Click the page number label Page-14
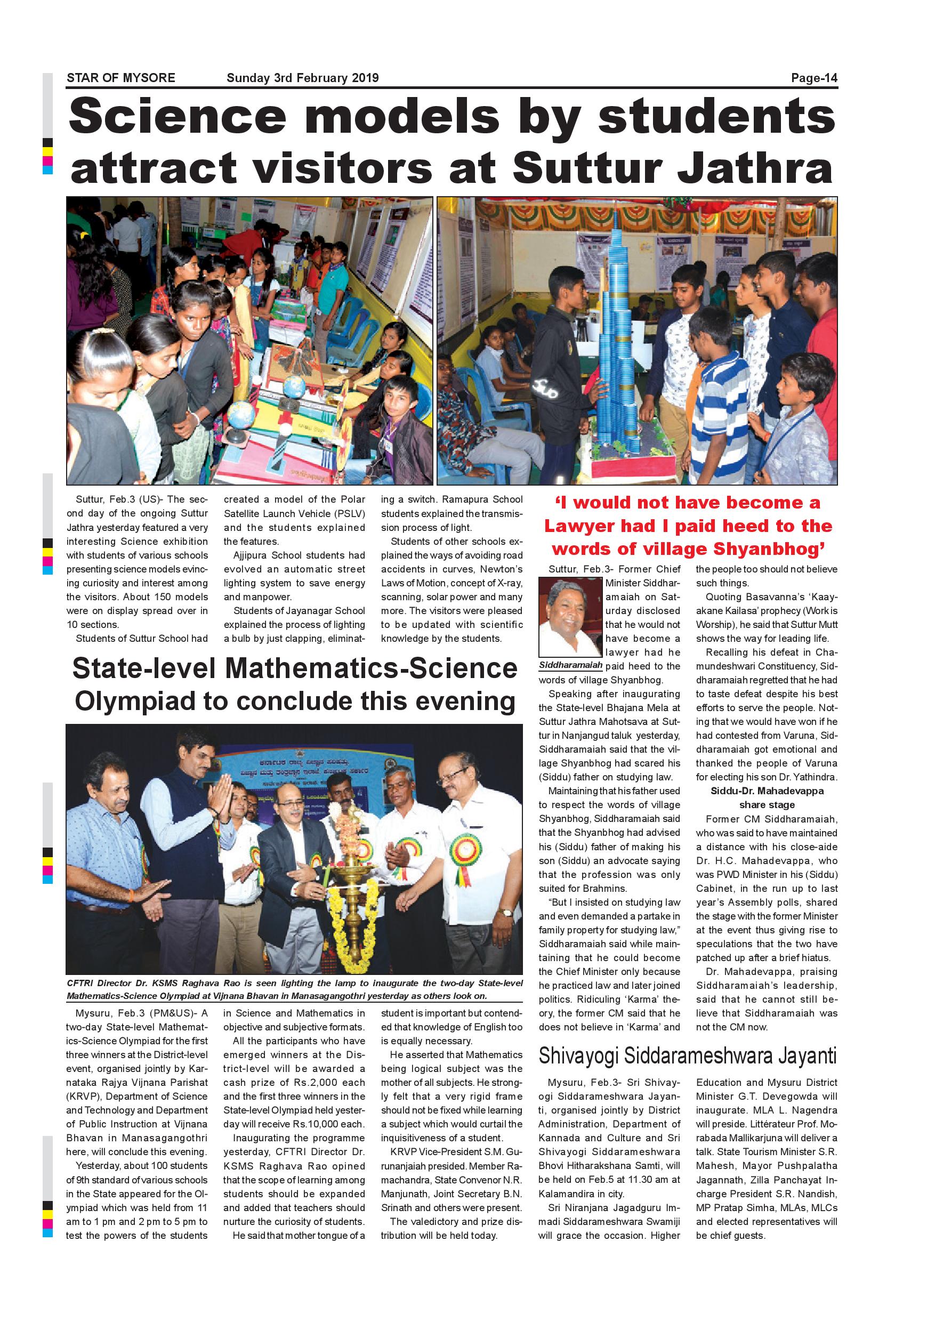(x=814, y=78)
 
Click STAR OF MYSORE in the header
(x=121, y=78)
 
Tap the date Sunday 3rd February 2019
(x=302, y=78)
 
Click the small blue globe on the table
(x=294, y=385)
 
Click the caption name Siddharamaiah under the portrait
(x=570, y=665)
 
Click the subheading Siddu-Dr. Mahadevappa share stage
(x=767, y=797)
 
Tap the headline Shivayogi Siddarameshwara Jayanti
(x=688, y=1055)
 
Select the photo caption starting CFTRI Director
(x=294, y=989)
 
